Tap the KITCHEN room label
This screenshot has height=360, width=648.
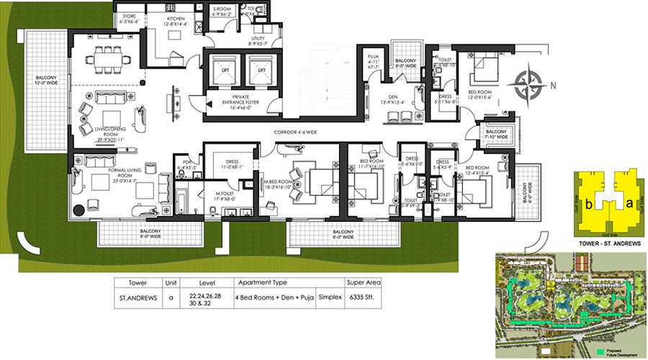coord(177,18)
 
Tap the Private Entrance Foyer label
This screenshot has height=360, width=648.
coord(241,99)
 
